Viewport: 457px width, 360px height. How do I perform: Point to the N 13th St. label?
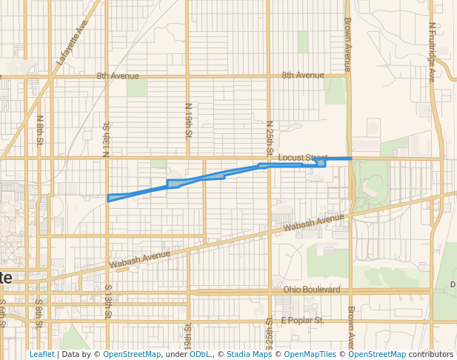[107, 139]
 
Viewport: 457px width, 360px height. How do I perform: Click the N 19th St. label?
[188, 121]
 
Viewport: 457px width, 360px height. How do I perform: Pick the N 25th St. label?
[270, 138]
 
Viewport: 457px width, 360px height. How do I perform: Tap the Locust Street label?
[302, 158]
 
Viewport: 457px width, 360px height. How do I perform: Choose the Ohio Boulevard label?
[312, 289]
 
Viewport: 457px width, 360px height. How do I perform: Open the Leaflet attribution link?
[41, 354]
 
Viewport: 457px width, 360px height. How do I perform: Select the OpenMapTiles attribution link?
[311, 354]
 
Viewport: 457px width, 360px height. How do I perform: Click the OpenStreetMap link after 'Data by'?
[132, 354]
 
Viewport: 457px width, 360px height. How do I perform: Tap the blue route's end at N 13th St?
[109, 198]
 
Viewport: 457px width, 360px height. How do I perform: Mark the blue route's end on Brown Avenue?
[350, 159]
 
